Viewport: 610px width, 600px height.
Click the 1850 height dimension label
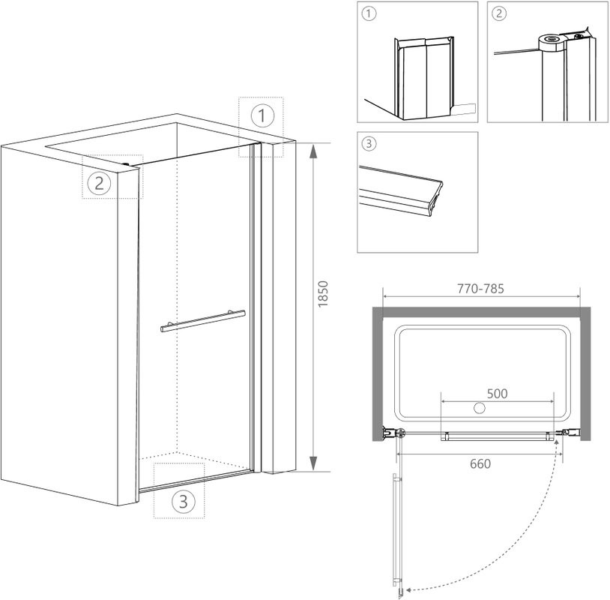tap(323, 294)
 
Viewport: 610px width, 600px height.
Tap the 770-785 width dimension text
tap(480, 289)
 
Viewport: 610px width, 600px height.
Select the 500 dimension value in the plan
tap(497, 394)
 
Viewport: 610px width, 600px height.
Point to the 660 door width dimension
tap(480, 463)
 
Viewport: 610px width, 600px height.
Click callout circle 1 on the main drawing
tap(262, 115)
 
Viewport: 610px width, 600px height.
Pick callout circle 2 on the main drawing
tap(99, 182)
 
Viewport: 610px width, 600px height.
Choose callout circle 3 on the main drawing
tap(184, 501)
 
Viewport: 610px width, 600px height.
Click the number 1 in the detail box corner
tap(369, 14)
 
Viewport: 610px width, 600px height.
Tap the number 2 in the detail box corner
tap(499, 14)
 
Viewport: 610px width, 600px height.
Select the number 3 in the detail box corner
tap(369, 144)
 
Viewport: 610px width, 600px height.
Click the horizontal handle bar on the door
tap(202, 321)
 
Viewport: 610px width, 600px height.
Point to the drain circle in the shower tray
tap(480, 408)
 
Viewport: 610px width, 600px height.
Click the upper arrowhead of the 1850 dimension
tap(312, 151)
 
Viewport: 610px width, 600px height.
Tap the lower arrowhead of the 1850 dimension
tap(312, 463)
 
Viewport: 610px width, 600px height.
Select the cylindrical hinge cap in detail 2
tap(551, 43)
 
